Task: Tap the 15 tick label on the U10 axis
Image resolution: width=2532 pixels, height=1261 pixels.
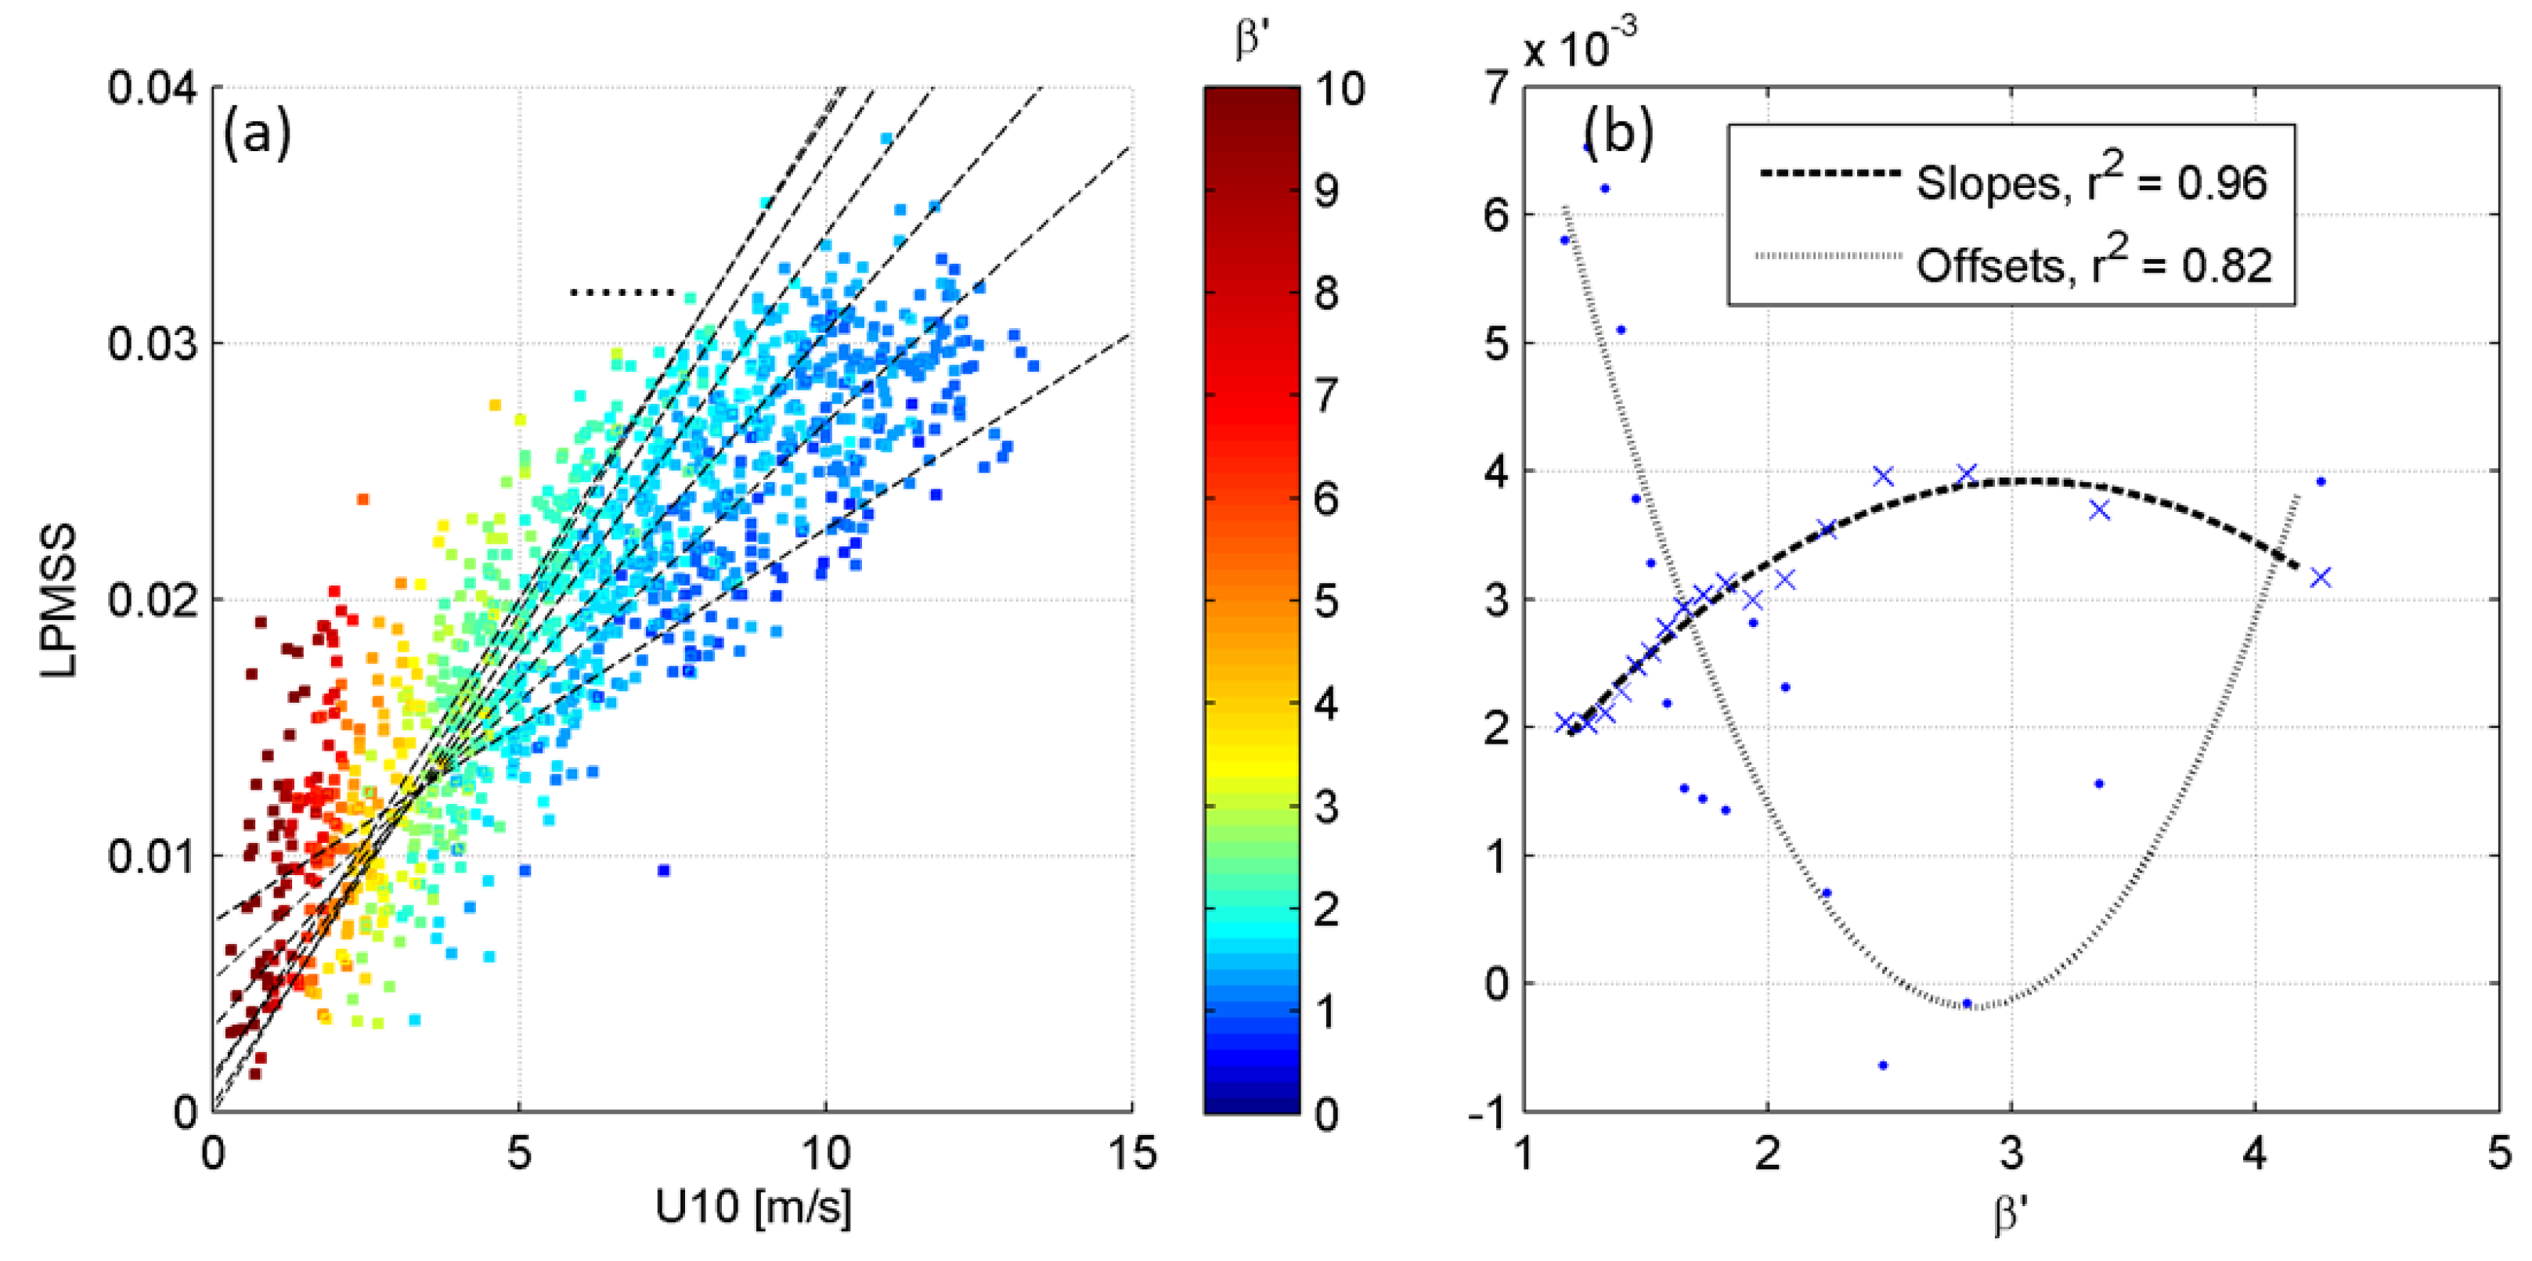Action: [x=1131, y=1154]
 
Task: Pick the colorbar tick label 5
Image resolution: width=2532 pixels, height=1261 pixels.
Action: [x=1326, y=600]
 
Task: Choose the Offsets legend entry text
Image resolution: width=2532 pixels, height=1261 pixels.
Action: [x=2094, y=265]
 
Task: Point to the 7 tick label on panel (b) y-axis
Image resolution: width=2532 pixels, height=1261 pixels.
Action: [x=1495, y=88]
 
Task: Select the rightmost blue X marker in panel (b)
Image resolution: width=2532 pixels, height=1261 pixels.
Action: [x=2321, y=577]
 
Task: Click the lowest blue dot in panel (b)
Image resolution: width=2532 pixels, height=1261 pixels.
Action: [x=1882, y=1065]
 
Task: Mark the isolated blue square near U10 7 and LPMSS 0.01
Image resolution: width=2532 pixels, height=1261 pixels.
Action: [x=663, y=870]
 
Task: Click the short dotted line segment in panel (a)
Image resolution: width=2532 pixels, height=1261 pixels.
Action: [x=622, y=292]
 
